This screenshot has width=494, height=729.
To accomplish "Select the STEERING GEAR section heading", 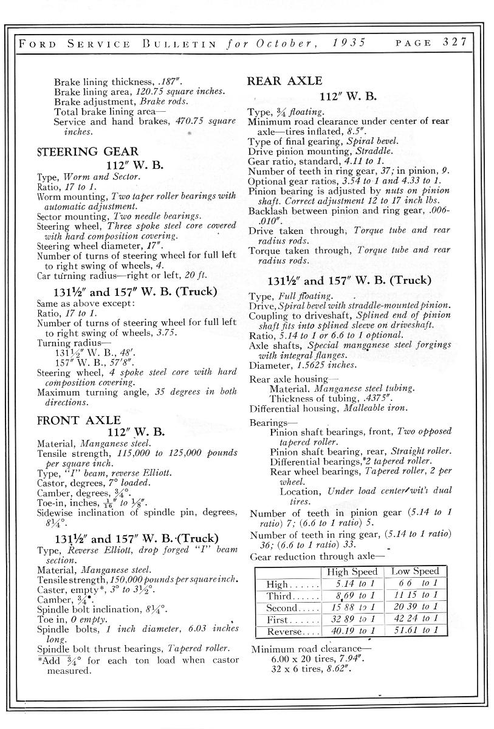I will (87, 151).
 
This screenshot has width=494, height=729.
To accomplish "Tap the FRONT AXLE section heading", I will (79, 420).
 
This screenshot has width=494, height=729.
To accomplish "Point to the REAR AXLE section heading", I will (285, 81).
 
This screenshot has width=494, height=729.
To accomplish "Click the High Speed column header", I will (352, 572).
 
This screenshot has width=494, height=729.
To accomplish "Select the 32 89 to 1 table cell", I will (352, 620).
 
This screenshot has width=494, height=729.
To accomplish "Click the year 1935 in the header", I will (349, 43).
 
